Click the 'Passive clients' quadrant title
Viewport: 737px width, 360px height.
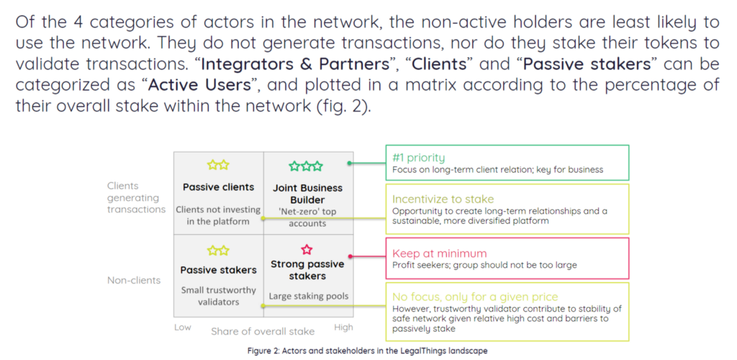point(218,187)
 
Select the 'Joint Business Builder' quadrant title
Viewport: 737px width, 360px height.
point(307,194)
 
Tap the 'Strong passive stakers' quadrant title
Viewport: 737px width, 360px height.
point(307,270)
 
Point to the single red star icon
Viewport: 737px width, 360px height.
point(307,250)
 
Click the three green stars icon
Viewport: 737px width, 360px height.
point(307,167)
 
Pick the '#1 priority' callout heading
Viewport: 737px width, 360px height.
point(419,158)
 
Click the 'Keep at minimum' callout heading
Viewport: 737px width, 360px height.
point(439,253)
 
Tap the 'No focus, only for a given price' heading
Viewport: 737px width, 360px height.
point(475,297)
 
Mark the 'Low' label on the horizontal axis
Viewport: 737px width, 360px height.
point(183,328)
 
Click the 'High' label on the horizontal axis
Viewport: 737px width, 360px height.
point(343,328)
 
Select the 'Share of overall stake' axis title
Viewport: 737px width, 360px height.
point(263,331)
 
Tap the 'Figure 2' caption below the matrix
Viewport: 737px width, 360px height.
point(368,351)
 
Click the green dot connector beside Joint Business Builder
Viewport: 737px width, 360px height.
point(349,163)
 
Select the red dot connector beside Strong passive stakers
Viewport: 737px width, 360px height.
point(349,256)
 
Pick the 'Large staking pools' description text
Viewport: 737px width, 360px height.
point(307,296)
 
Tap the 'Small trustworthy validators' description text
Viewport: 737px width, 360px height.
point(218,296)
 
